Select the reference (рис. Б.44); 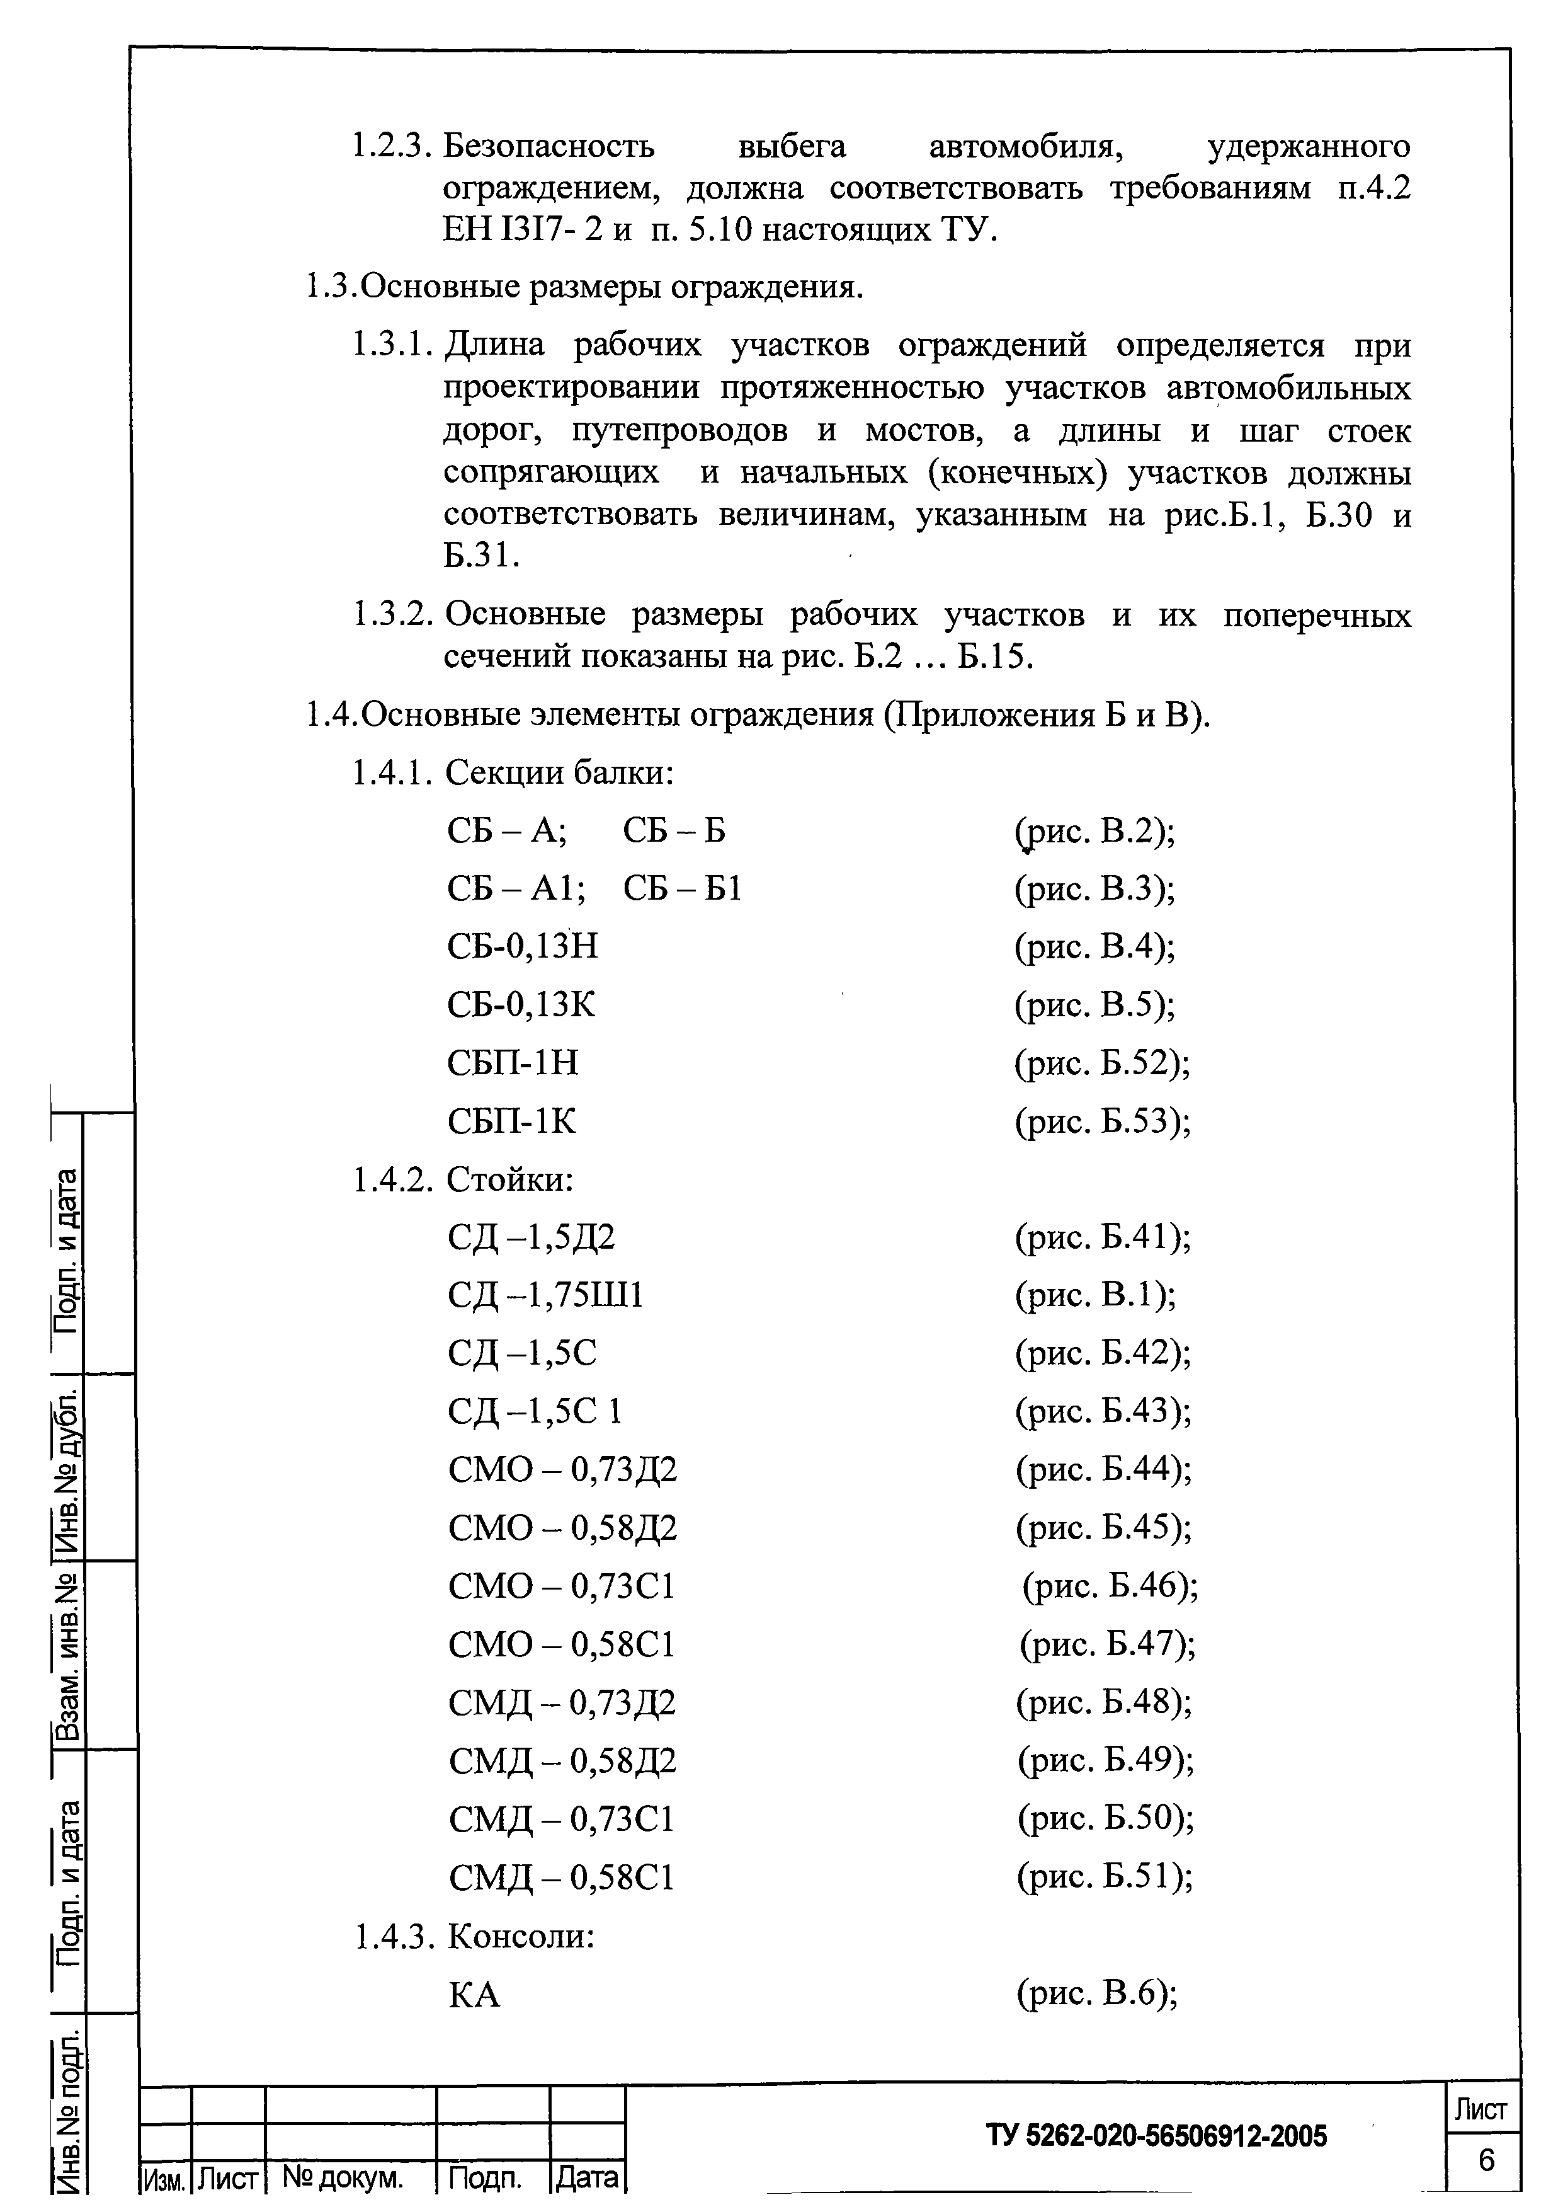pos(1103,1469)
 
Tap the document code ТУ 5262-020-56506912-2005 pos(1156,2136)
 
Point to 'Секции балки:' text pos(559,773)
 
